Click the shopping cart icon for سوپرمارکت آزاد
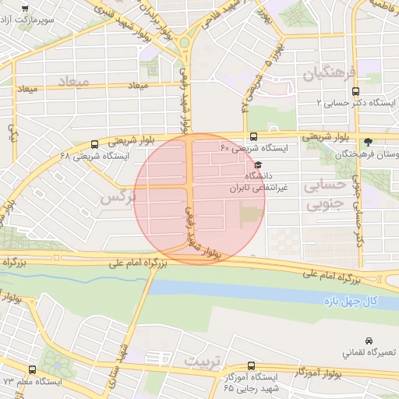26,8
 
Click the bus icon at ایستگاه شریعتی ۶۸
94,144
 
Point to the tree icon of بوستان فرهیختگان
369,142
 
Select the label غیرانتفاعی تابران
258,188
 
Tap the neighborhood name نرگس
118,198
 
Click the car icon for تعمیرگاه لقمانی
369,341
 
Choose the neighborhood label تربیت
202,362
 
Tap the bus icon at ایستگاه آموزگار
250,365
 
